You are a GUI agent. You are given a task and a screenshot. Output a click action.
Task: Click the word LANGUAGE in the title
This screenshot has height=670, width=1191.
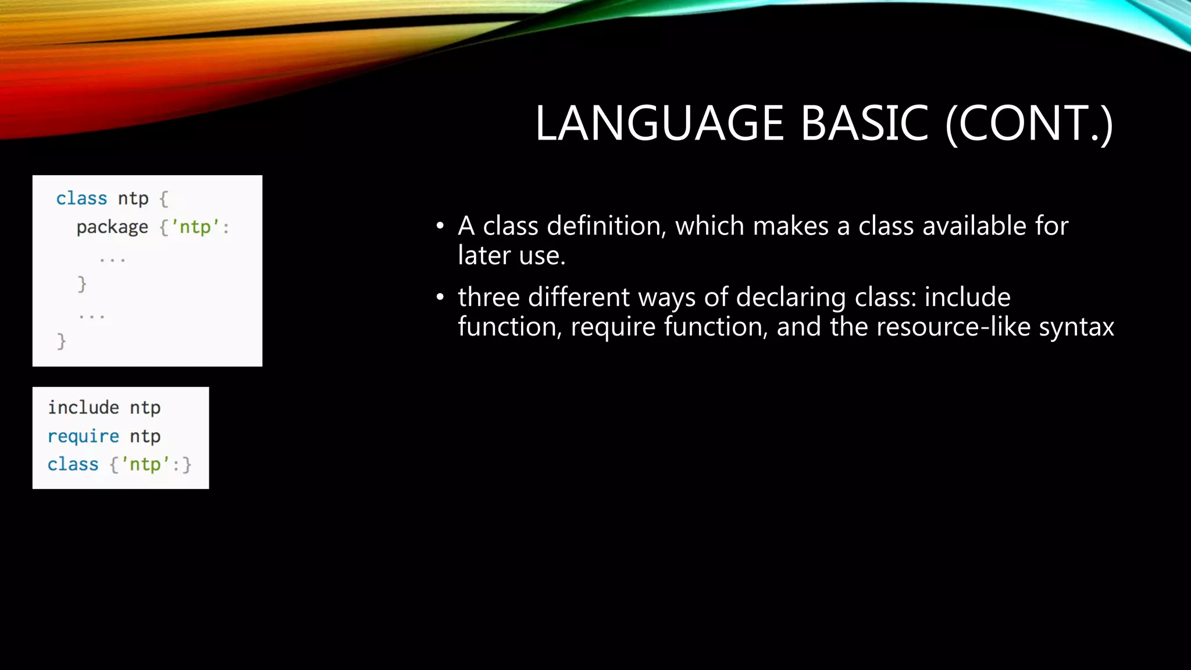(x=659, y=123)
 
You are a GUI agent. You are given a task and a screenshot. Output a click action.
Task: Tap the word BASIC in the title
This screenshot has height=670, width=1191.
(x=864, y=123)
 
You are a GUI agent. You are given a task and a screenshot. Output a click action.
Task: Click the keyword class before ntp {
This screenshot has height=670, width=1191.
(x=81, y=198)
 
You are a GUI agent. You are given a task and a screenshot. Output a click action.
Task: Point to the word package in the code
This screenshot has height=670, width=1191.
(x=112, y=227)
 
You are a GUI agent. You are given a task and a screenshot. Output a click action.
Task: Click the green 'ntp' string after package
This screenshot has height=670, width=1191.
(x=195, y=227)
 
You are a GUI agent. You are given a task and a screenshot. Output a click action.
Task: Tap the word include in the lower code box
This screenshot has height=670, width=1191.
(x=83, y=407)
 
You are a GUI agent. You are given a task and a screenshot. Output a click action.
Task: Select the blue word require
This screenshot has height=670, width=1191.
(x=83, y=436)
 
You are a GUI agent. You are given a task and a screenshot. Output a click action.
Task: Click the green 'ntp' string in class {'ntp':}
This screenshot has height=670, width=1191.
(x=145, y=464)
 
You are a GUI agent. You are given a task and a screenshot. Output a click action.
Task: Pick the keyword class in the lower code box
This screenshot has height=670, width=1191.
(x=73, y=464)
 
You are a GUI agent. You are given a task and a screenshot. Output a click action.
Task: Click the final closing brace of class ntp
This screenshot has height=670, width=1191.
(x=61, y=341)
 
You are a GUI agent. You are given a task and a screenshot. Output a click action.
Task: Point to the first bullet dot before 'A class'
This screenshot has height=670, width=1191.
(x=440, y=226)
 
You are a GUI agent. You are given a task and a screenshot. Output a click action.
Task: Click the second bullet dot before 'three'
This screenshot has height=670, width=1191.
(x=440, y=297)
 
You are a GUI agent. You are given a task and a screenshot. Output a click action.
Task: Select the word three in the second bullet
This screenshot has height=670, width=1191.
(x=488, y=297)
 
